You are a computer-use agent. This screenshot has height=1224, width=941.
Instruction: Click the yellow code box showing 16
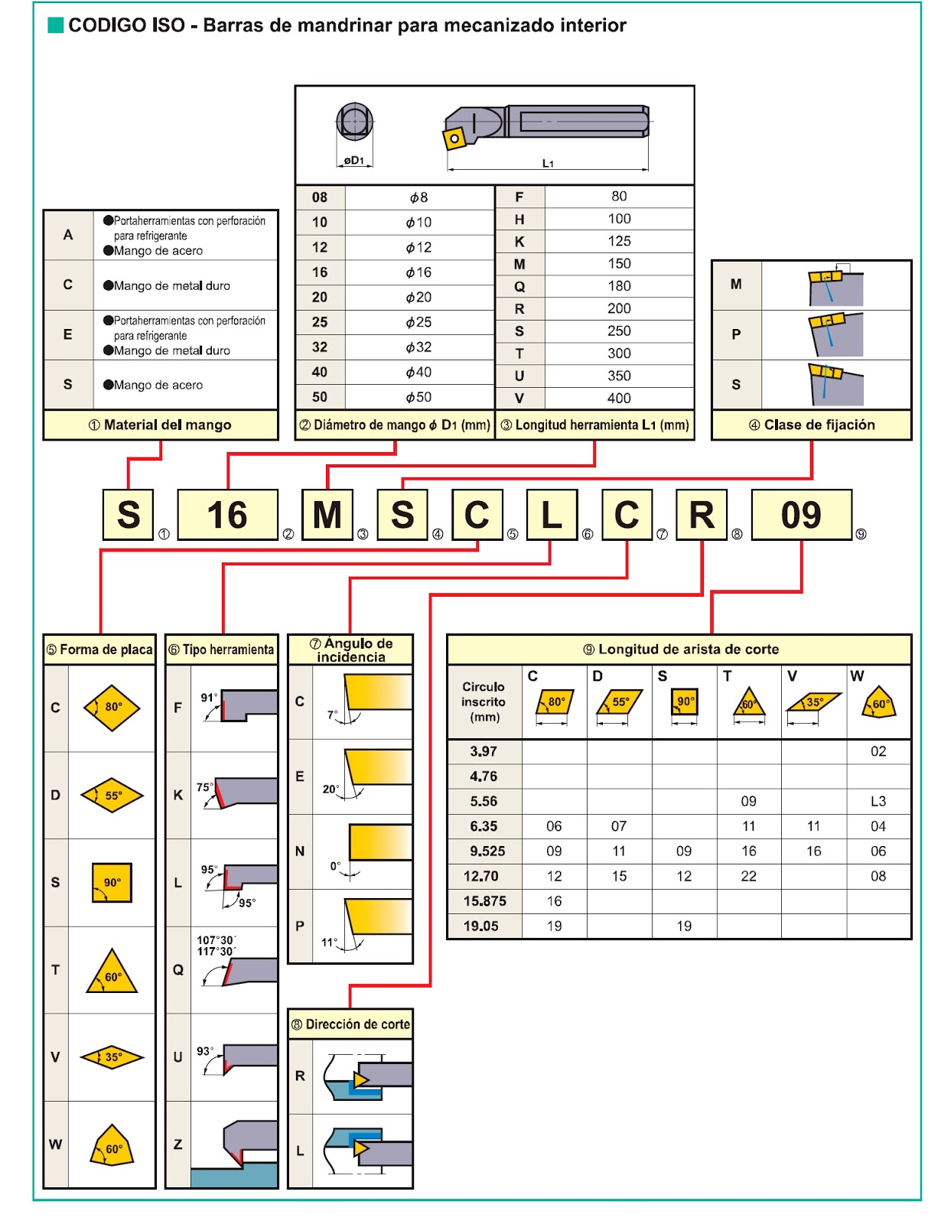coord(227,514)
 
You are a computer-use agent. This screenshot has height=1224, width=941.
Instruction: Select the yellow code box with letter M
coord(327,514)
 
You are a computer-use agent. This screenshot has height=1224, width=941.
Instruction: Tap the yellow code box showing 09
coord(801,514)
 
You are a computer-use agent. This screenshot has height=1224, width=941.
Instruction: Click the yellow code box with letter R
coord(702,514)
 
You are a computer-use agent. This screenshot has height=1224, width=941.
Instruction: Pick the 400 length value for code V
coord(619,399)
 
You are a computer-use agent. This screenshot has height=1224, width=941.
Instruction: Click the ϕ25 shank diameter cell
coord(418,322)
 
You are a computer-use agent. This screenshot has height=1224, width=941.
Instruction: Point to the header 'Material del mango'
coord(161,425)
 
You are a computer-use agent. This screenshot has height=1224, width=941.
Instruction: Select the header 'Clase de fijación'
coord(812,425)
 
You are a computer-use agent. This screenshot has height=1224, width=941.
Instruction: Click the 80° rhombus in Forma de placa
coord(112,708)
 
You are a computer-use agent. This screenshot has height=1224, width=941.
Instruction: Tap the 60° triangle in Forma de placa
coord(112,971)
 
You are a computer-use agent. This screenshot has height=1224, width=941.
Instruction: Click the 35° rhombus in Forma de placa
coord(112,1056)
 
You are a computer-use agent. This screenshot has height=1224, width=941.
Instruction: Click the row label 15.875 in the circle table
coord(484,900)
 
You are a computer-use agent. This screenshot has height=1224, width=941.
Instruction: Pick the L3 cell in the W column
coord(878,801)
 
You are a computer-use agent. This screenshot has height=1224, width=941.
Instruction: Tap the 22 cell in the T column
coord(748,876)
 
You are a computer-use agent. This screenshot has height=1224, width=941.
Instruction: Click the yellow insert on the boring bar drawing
coord(454,138)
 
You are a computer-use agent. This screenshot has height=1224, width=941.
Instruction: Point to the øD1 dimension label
coord(354,161)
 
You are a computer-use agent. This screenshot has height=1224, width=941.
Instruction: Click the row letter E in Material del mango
coord(67,334)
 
